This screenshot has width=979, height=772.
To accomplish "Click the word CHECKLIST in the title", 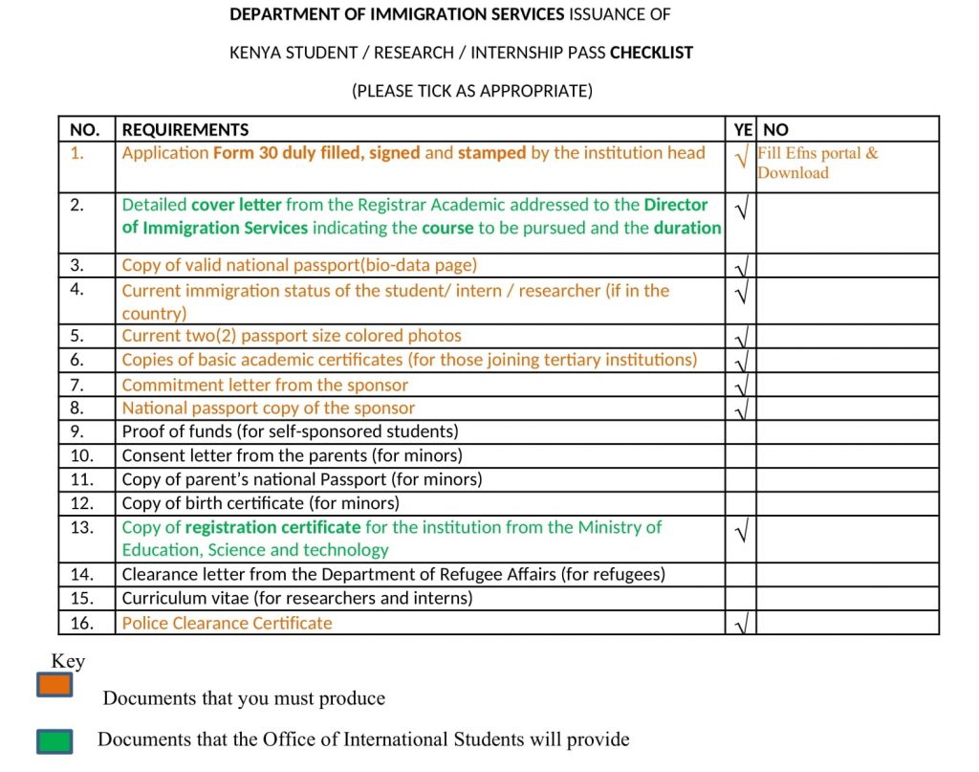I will coord(651,53).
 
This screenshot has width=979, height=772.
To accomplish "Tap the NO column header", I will coord(775,130).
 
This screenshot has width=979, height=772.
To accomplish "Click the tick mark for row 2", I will coord(741,208).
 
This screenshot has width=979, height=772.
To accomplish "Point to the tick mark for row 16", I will coord(741,626).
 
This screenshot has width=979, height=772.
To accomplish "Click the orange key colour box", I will coord(54,685).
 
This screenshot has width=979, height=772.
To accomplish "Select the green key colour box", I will coord(54,741).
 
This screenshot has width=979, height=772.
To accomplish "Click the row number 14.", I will coord(81,574).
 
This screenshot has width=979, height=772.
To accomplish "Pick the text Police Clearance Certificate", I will coord(227,623).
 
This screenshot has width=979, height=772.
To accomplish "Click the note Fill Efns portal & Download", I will coord(816,163).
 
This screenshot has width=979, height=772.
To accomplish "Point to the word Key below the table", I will coord(68,661).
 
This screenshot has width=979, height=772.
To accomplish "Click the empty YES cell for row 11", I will coord(741,479).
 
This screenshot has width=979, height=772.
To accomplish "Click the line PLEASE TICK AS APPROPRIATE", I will coord(472,91).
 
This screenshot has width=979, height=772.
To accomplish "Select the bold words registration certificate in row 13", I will coord(272,527).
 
